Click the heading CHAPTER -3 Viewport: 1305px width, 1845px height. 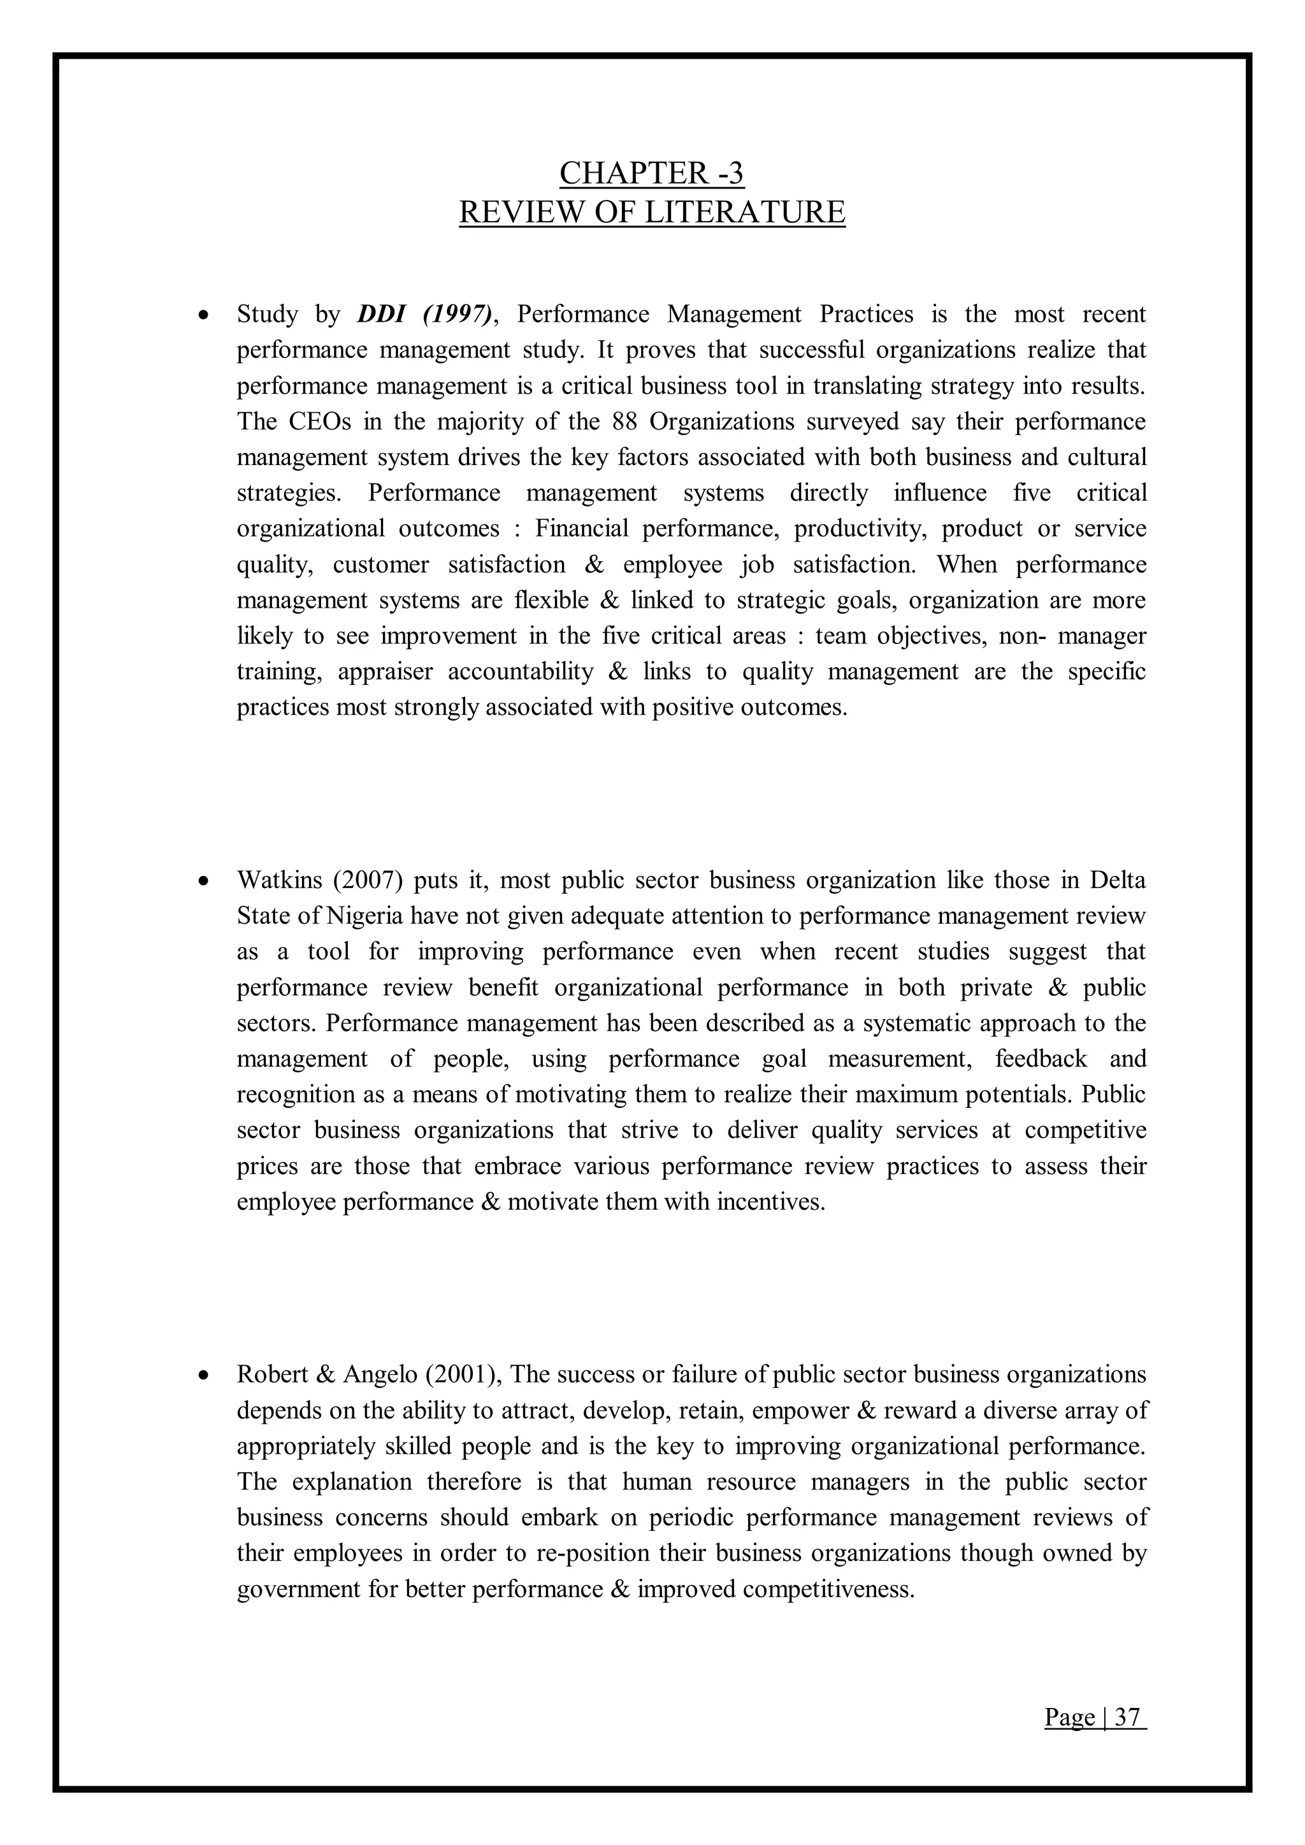[x=652, y=173]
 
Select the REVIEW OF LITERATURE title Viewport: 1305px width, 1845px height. [x=652, y=213]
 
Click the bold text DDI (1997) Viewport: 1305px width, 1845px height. [x=424, y=314]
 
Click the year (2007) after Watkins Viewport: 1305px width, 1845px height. [x=366, y=880]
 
